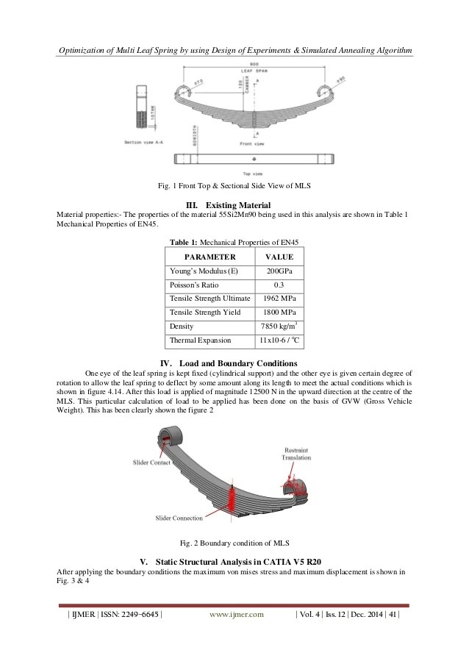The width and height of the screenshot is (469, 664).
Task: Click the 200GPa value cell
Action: pos(279,271)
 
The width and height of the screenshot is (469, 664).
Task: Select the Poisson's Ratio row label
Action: pos(193,285)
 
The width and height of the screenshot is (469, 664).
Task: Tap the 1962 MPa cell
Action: pos(279,298)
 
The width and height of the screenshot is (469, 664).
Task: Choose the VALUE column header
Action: pos(279,257)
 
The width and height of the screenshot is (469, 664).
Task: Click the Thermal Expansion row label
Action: pos(201,340)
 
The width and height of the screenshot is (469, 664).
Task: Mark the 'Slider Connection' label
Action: pos(179,518)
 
